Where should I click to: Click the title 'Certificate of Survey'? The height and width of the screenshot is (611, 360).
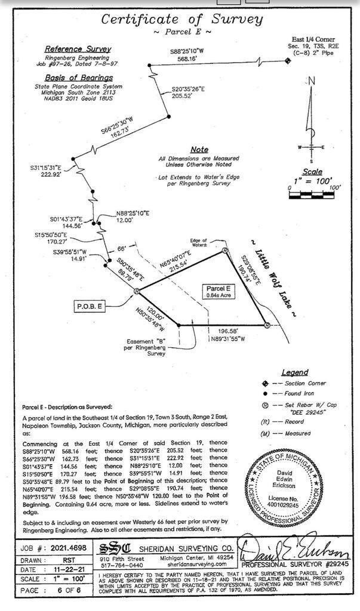[x=181, y=19]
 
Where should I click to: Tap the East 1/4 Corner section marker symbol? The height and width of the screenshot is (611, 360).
[x=288, y=60]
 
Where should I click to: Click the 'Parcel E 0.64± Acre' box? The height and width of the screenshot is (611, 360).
[x=218, y=291]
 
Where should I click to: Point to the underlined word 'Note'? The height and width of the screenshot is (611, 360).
[x=199, y=150]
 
